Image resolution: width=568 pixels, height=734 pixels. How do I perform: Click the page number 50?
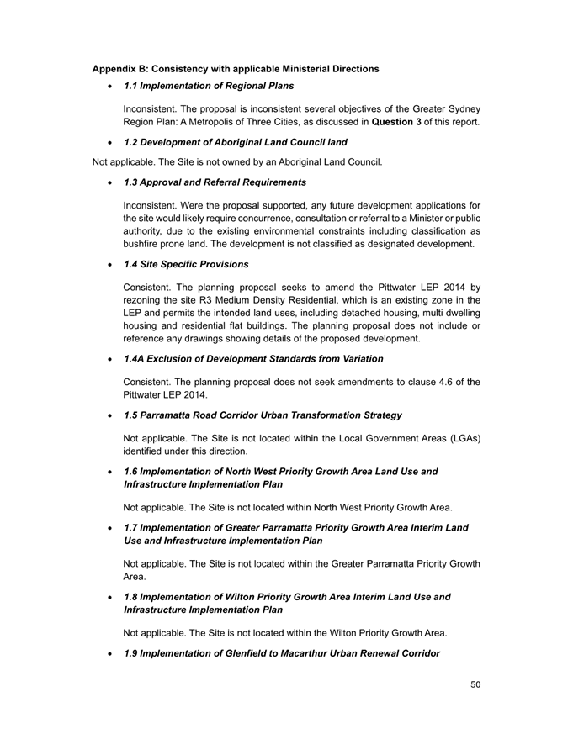coord(475,685)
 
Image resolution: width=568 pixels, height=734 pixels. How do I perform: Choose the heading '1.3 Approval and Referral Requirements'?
coord(215,182)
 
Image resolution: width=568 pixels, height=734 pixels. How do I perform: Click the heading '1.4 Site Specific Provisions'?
coord(186,265)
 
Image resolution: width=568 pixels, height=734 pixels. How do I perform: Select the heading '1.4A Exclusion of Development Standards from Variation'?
coord(253,359)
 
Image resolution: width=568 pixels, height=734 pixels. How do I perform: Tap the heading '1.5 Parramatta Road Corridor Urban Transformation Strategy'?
coord(263,415)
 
